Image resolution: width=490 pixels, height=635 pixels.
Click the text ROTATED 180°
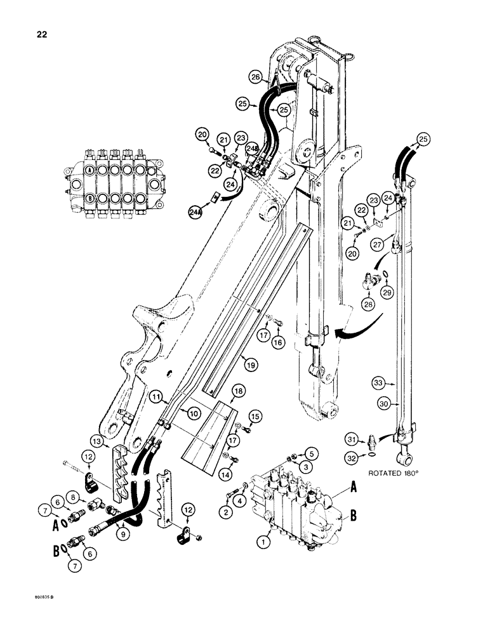coord(401,473)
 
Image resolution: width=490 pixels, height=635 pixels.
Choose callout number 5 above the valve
coord(311,453)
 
